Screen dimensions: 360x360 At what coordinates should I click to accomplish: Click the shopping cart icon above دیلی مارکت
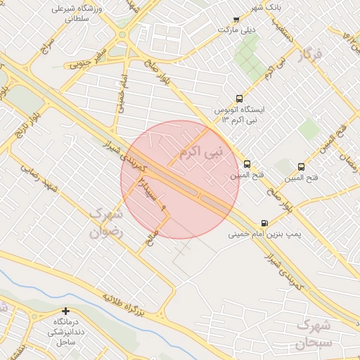(x=236, y=20)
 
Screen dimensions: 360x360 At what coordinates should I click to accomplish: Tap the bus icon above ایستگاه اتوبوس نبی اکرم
(x=240, y=99)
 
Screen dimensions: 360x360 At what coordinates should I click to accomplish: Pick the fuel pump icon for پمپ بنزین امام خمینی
(x=264, y=222)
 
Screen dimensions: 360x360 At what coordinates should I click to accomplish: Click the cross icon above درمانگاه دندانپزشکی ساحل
(x=66, y=311)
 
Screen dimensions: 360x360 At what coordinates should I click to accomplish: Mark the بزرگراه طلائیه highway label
(x=125, y=304)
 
